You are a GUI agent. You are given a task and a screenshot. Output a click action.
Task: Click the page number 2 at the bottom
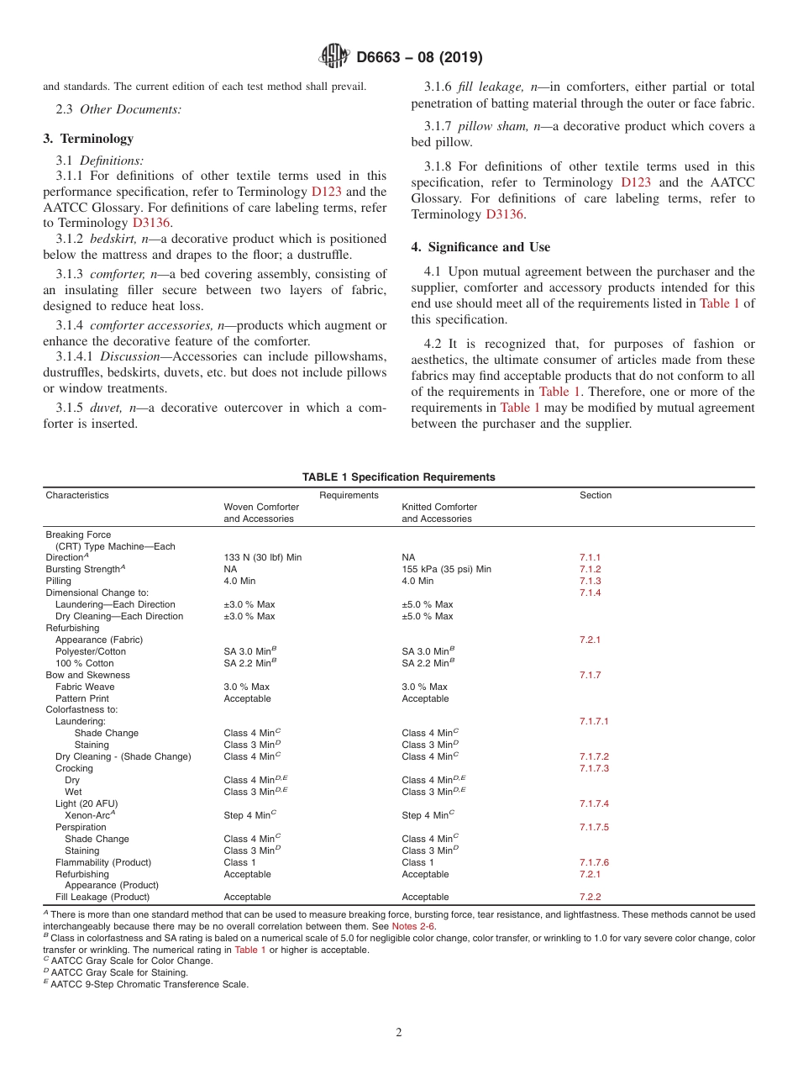click(x=399, y=1032)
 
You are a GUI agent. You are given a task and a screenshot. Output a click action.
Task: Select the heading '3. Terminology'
click(x=88, y=139)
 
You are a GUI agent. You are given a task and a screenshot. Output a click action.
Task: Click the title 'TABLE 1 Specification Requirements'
click(x=398, y=477)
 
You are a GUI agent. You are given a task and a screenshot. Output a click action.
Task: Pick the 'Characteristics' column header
click(x=77, y=495)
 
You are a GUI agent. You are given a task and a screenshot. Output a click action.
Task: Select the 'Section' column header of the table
click(x=596, y=495)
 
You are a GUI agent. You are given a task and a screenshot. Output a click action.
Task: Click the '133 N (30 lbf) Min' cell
click(x=262, y=557)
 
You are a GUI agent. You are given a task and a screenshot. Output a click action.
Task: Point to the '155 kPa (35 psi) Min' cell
click(x=446, y=569)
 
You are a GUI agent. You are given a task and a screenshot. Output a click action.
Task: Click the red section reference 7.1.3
click(x=590, y=581)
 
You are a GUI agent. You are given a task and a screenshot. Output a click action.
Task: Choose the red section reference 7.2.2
click(x=590, y=897)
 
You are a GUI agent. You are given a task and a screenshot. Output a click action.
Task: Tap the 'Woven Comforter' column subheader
click(x=261, y=507)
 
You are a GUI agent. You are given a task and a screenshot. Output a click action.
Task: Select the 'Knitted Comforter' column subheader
click(x=439, y=507)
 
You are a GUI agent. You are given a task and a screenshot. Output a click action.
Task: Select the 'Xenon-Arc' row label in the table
click(x=89, y=815)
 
